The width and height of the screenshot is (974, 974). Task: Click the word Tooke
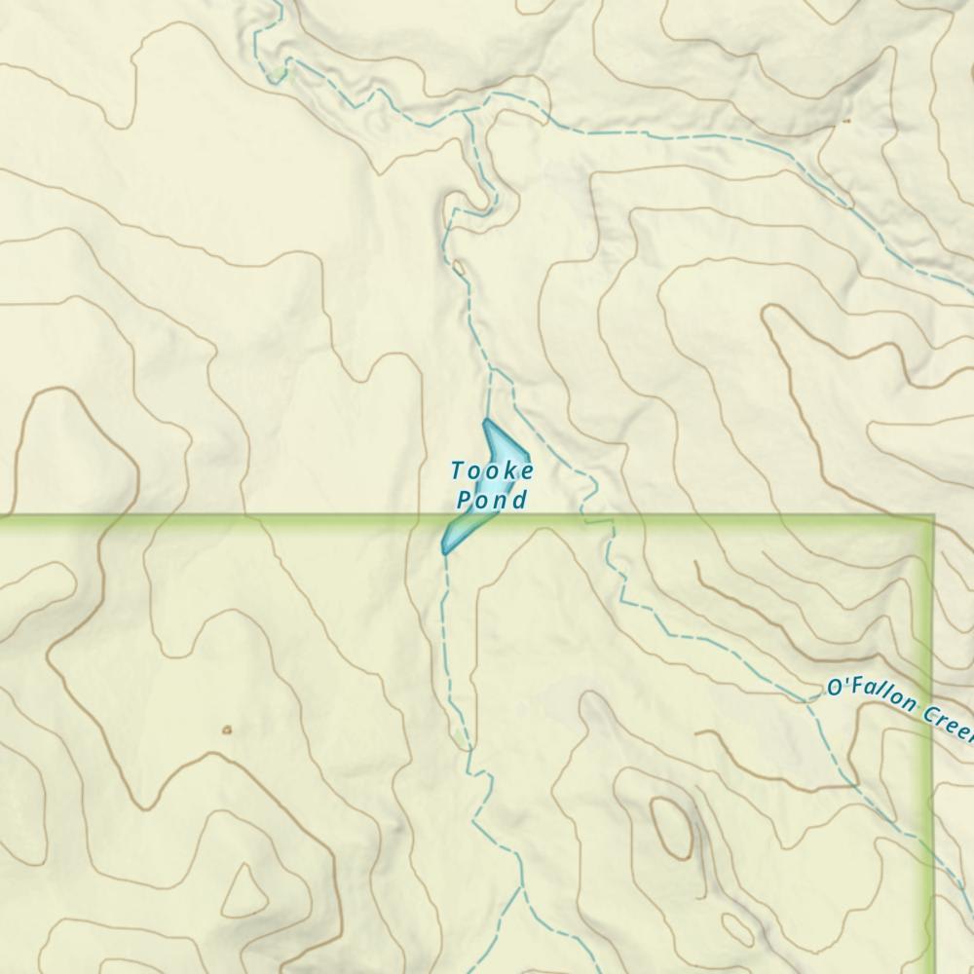[493, 471]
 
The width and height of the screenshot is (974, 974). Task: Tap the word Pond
[492, 501]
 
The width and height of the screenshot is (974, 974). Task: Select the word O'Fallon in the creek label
[867, 693]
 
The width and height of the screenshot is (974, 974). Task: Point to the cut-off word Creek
[945, 722]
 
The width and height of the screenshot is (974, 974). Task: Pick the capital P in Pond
[465, 501]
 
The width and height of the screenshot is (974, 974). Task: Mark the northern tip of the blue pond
[486, 421]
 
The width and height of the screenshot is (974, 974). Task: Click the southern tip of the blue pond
[445, 552]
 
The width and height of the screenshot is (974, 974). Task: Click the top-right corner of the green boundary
[932, 516]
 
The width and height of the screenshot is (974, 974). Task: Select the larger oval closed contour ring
[672, 827]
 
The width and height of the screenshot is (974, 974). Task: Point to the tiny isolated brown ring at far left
[227, 729]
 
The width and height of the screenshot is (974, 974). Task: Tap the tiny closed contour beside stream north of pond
[457, 265]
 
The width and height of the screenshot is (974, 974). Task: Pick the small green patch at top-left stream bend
[281, 72]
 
